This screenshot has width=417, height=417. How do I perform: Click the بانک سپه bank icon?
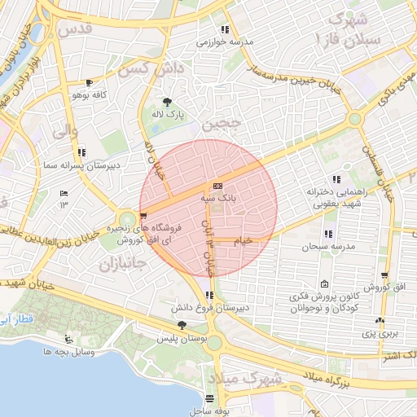point(217,186)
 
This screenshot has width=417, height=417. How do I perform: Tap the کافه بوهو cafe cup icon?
point(89,83)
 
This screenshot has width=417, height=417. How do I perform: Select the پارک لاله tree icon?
point(167,102)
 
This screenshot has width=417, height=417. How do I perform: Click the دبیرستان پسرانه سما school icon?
point(81,152)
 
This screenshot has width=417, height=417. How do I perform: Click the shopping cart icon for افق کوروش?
point(384,276)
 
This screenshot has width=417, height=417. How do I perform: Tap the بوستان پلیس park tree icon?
point(181,325)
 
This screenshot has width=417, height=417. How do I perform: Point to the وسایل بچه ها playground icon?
point(68,340)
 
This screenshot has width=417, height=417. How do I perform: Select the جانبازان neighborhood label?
point(121,265)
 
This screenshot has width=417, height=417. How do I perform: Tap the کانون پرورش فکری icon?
point(325,284)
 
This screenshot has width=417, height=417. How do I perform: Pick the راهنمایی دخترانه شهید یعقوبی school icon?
point(335,179)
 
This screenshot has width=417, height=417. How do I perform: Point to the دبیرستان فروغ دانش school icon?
point(210,296)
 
